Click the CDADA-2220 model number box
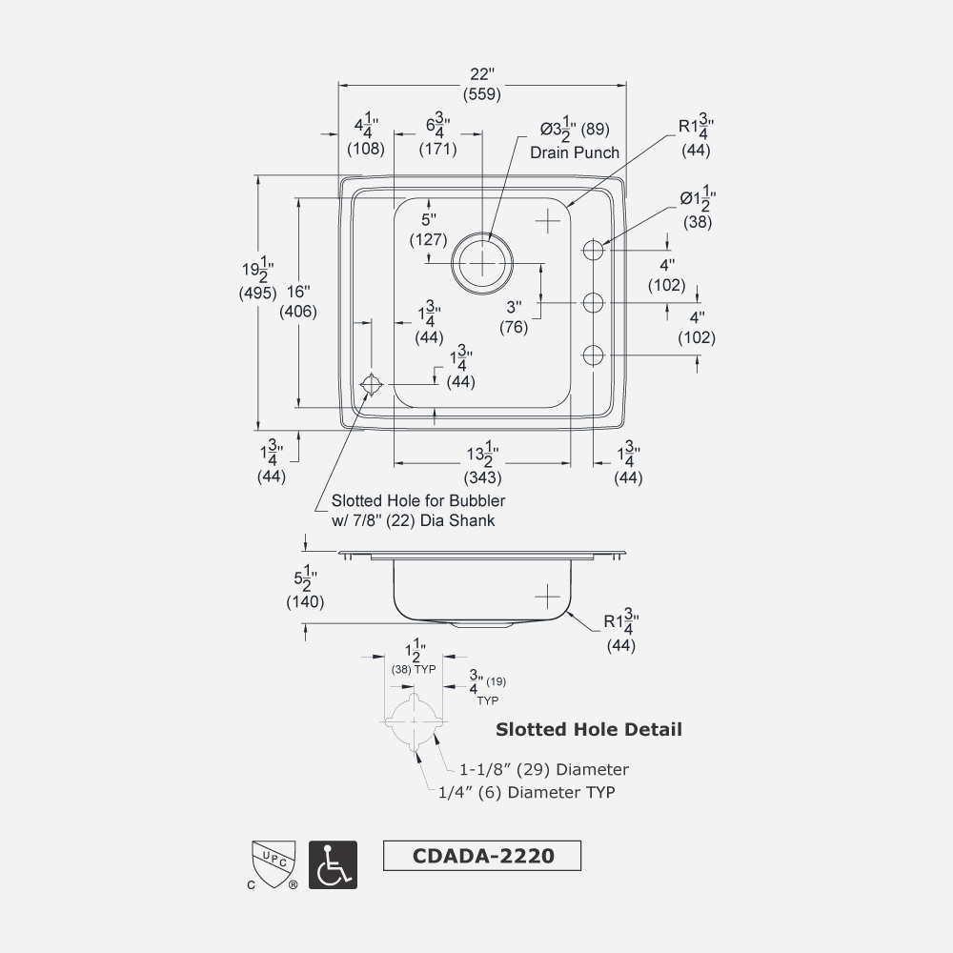click(481, 855)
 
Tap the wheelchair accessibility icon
click(333, 865)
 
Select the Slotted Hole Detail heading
click(589, 730)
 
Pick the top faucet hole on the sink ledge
click(594, 251)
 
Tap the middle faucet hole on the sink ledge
click(594, 303)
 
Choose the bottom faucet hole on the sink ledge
click(594, 355)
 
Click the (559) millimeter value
click(482, 94)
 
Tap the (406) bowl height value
click(297, 311)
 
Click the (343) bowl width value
click(482, 477)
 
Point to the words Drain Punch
click(575, 152)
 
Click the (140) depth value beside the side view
click(305, 601)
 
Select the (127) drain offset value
click(429, 240)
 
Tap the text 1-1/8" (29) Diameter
click(544, 769)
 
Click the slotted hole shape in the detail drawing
click(415, 721)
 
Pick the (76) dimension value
click(515, 327)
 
